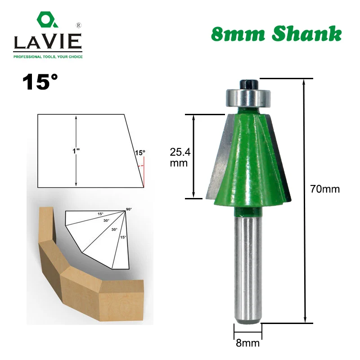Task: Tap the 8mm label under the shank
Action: tap(248, 344)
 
